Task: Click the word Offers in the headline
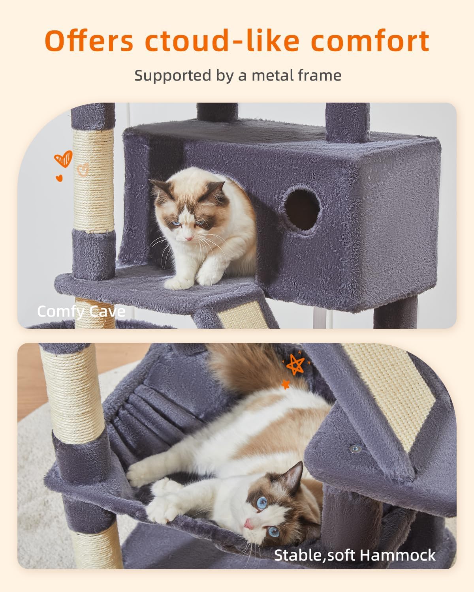[89, 41]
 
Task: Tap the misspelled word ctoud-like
[222, 41]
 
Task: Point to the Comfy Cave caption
[81, 312]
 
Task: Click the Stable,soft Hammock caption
[355, 555]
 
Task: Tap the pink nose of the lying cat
[248, 524]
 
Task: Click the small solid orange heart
[59, 178]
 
